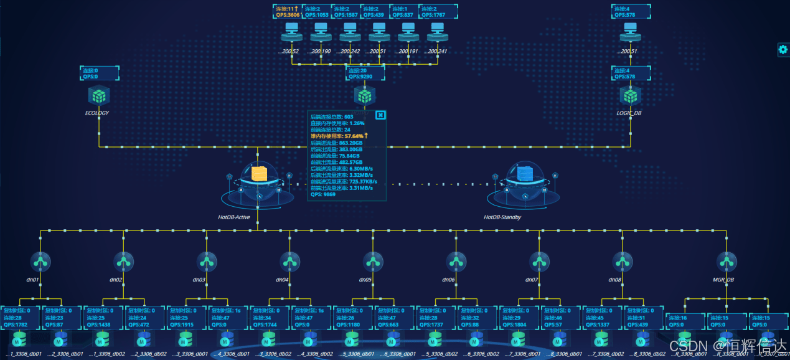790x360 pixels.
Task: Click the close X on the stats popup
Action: [x=380, y=115]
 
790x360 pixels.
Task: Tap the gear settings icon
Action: [x=783, y=50]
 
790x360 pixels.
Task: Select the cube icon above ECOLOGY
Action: [x=98, y=96]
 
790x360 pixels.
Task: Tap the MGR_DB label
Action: [x=723, y=280]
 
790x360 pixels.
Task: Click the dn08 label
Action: [x=615, y=280]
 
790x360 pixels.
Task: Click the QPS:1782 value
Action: [x=16, y=324]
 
